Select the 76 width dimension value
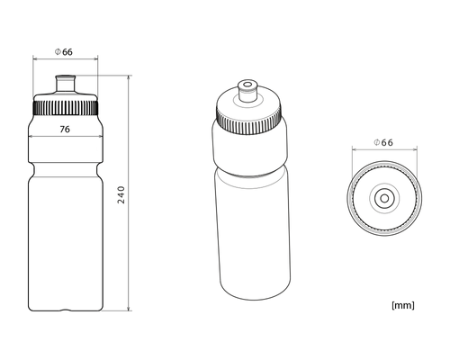click(x=65, y=129)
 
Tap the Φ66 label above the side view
click(x=64, y=51)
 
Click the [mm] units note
click(x=402, y=304)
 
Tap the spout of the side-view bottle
click(x=65, y=83)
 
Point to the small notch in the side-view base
click(x=65, y=310)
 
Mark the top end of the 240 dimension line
click(x=130, y=76)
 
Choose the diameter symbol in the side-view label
click(x=56, y=51)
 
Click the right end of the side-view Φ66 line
click(x=96, y=59)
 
